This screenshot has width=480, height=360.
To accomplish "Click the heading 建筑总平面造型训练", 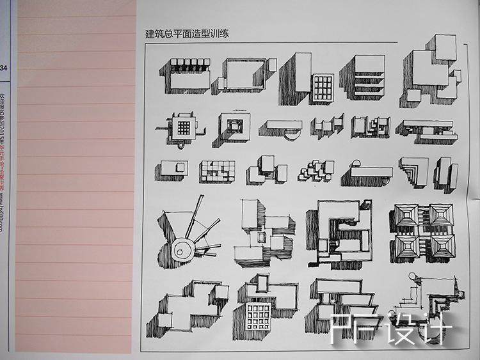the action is (188, 34).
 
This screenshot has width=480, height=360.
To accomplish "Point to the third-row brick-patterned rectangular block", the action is (216, 171).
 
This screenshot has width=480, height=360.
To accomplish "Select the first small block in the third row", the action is (171, 170).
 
